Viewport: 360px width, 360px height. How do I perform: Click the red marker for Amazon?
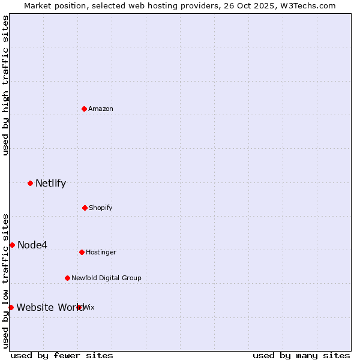point(85,109)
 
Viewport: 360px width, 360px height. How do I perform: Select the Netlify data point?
point(30,183)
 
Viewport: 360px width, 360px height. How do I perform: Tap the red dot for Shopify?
point(85,208)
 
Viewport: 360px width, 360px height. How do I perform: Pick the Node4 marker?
point(12,245)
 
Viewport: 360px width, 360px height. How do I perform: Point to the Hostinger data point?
point(82,252)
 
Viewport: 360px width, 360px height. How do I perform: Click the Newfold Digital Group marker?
point(67,278)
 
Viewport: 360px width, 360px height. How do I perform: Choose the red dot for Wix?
point(79,307)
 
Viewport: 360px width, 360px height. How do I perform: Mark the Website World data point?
point(11,307)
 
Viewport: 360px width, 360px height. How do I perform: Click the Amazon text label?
point(101,109)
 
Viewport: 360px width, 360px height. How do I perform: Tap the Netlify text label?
point(50,183)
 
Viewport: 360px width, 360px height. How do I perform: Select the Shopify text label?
point(101,208)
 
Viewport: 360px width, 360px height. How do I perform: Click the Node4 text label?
point(32,245)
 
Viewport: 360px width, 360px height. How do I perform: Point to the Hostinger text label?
point(101,252)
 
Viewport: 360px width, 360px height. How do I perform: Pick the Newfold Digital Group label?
point(106,278)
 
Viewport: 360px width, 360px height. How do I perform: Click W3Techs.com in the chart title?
point(310,5)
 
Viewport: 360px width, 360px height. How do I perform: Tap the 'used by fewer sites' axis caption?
point(62,355)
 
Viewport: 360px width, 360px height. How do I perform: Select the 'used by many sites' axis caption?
point(301,355)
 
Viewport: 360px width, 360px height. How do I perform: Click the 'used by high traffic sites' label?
point(5,85)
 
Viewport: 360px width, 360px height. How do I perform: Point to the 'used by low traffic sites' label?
point(5,280)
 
